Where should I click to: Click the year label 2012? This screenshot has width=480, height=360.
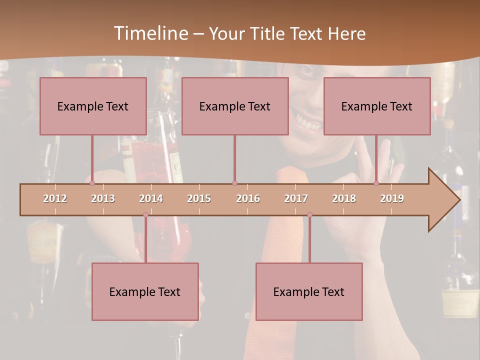pyautogui.click(x=55, y=198)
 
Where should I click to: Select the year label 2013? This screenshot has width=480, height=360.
pyautogui.click(x=103, y=198)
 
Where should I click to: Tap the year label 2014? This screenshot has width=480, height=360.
pyautogui.click(x=151, y=198)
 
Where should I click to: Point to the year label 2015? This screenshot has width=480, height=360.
pyautogui.click(x=199, y=198)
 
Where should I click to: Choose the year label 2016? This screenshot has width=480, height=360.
pyautogui.click(x=248, y=198)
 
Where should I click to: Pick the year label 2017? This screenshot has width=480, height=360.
pyautogui.click(x=296, y=198)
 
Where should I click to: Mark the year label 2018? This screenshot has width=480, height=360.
pyautogui.click(x=344, y=198)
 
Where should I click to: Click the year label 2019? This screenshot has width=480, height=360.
pyautogui.click(x=392, y=198)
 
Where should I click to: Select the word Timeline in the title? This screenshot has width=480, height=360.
pyautogui.click(x=150, y=33)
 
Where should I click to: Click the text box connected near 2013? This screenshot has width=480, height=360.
pyautogui.click(x=93, y=106)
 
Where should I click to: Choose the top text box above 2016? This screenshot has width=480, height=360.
pyautogui.click(x=235, y=106)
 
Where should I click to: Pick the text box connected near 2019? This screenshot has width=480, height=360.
pyautogui.click(x=377, y=106)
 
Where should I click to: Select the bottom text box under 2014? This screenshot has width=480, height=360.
pyautogui.click(x=145, y=291)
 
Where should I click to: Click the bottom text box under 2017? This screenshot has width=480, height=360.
pyautogui.click(x=309, y=291)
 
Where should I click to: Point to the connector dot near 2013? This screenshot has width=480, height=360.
pyautogui.click(x=92, y=183)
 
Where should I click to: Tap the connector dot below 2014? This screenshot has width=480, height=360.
pyautogui.click(x=145, y=215)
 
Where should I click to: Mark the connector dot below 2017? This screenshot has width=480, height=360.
pyautogui.click(x=309, y=215)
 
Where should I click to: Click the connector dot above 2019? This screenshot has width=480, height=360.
pyautogui.click(x=376, y=183)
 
